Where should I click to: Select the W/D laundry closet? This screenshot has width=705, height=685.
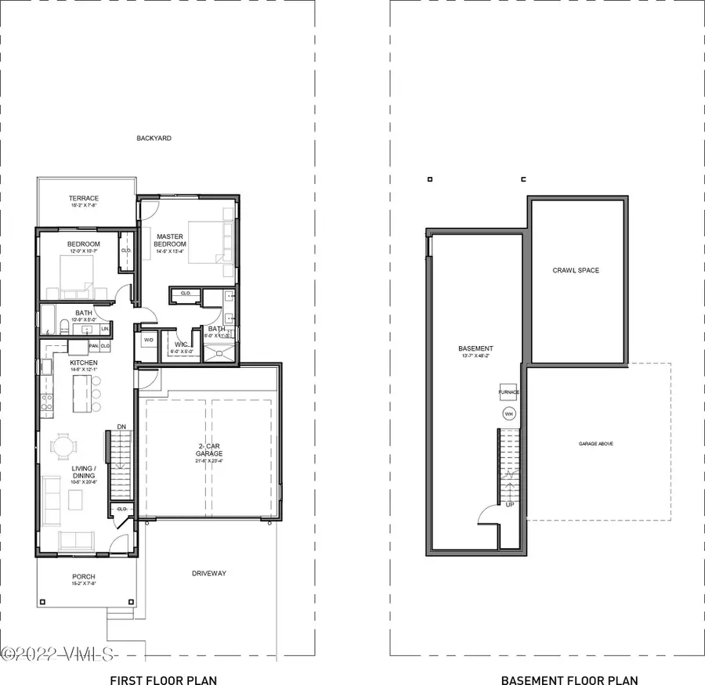coord(148,341)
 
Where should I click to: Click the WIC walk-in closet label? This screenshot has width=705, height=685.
coord(180,344)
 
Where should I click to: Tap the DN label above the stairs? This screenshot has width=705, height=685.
coord(121,427)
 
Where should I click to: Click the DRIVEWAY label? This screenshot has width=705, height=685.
coord(209,574)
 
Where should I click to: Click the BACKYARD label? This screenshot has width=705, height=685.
coord(154,139)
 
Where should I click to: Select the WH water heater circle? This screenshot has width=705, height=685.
coord(509,414)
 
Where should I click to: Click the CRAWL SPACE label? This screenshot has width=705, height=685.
coord(576,270)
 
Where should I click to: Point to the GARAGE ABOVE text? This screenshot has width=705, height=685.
coord(596,444)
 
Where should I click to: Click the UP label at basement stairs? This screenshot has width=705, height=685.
coord(511,505)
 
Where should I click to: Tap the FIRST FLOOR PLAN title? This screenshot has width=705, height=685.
coord(163,659)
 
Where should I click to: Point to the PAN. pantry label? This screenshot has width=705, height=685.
coord(93,345)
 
